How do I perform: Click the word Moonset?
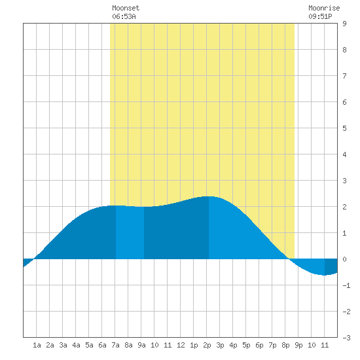(126, 8)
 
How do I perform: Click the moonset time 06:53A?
(124, 16)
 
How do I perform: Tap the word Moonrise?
(324, 8)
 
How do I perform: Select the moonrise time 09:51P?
(320, 16)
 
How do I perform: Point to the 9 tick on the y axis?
(344, 24)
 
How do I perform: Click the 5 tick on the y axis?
(344, 128)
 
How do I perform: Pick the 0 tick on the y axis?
(344, 259)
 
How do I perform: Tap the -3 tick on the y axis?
(346, 338)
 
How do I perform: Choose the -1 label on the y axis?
(346, 285)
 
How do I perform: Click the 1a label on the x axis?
(37, 345)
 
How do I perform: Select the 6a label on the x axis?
(102, 345)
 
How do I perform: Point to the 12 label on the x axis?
(181, 345)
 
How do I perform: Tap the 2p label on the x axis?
(207, 345)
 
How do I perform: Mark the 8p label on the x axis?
(285, 345)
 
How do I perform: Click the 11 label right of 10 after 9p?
(325, 345)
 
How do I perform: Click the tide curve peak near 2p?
(208, 196)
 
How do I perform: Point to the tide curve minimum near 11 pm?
(324, 275)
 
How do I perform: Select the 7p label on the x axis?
(272, 345)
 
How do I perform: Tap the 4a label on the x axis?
(76, 345)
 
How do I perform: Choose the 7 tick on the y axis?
(344, 76)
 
